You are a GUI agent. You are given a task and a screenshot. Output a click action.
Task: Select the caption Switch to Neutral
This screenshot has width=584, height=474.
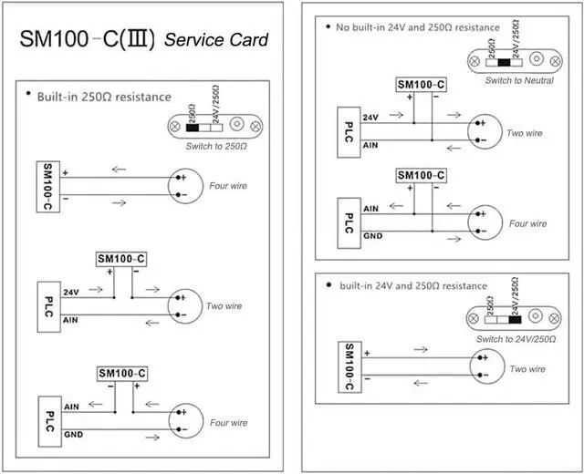pos(518,81)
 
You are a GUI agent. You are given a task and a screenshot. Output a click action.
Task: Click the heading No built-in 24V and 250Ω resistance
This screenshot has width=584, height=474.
pos(418,27)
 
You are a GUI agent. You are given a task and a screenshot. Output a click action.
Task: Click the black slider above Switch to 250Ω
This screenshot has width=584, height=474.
pos(193,127)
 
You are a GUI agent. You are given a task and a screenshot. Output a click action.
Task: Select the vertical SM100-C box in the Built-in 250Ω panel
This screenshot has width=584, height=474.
pos(47,186)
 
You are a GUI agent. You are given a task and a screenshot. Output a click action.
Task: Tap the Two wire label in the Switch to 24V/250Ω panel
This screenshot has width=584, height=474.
pos(527,369)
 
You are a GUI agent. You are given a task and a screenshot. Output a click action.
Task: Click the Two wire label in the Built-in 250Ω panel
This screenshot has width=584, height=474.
pos(224,306)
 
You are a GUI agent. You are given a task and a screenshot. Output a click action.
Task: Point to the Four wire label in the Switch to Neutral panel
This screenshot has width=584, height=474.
pos(527,223)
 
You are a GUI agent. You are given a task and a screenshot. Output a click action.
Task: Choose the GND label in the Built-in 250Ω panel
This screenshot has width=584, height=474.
pos(73,435)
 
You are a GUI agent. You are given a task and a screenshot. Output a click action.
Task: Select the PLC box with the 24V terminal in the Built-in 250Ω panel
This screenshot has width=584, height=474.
pos(48,305)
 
